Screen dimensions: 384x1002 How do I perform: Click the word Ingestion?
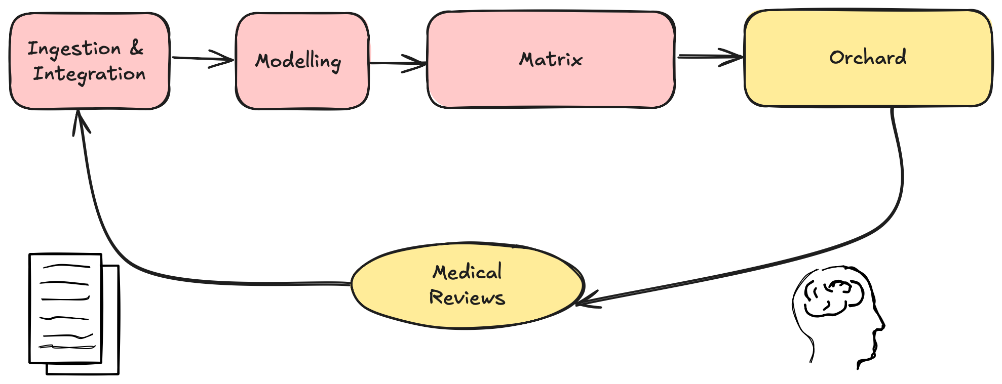[x=74, y=49]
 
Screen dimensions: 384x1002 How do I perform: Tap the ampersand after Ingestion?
[x=136, y=48]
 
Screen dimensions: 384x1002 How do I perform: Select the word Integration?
[x=89, y=74]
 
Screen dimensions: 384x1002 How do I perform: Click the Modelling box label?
[x=298, y=61]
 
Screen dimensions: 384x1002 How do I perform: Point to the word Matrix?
[x=551, y=60]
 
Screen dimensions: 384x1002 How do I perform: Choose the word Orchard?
[x=868, y=57]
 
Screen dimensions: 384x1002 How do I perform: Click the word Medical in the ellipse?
[x=467, y=272]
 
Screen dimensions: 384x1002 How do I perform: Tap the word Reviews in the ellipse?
[x=467, y=297]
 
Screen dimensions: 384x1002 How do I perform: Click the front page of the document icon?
[x=66, y=309]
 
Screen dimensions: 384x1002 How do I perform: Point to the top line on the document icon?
[x=66, y=265]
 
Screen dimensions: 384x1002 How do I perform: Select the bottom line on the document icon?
[x=67, y=347]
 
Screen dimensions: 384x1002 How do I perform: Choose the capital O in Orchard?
[x=836, y=57]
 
